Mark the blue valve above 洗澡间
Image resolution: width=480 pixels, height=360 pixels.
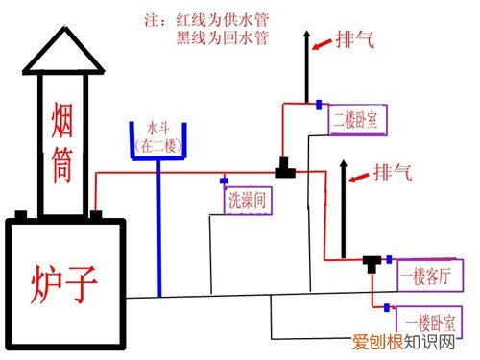tap(223, 180)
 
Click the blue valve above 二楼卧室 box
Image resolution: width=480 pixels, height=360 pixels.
tap(318, 104)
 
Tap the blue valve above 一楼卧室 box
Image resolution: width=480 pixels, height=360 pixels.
tap(387, 307)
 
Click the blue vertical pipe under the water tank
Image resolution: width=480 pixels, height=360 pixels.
tap(158, 230)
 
